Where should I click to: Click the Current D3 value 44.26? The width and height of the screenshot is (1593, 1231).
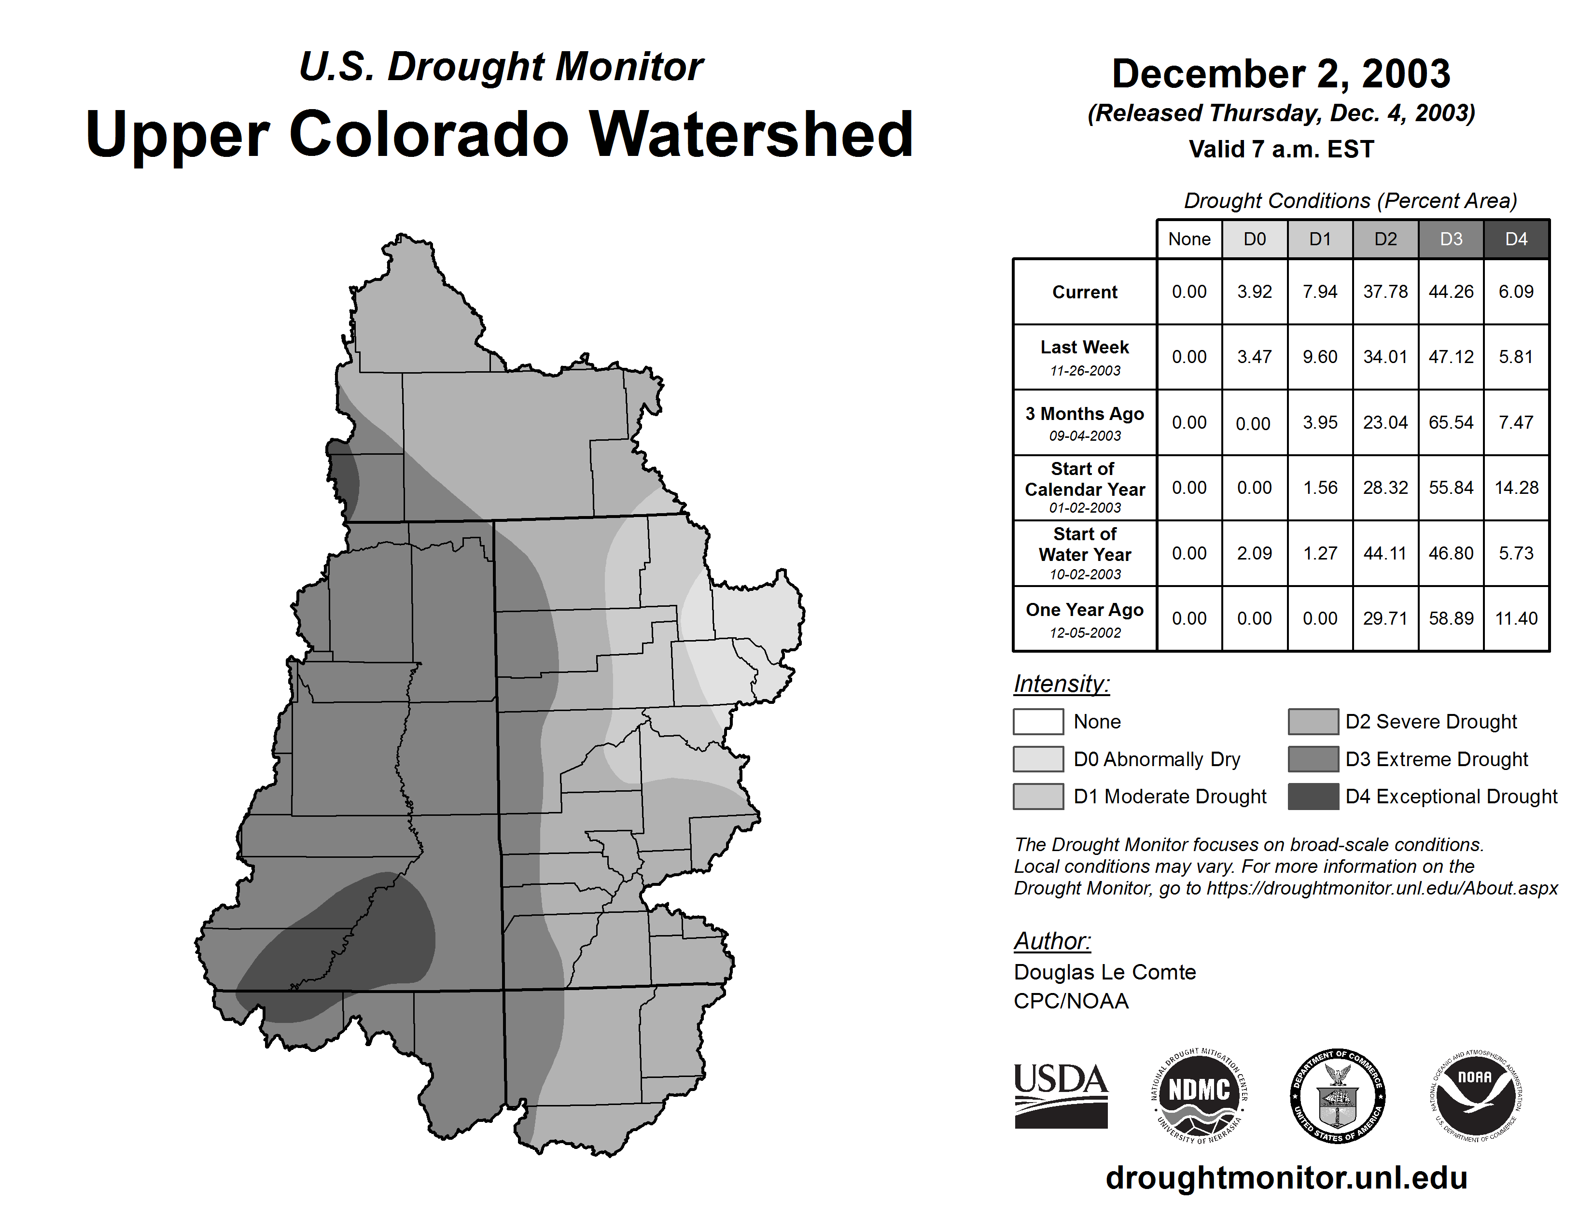(x=1451, y=292)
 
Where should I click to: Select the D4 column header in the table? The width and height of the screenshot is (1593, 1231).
(x=1516, y=239)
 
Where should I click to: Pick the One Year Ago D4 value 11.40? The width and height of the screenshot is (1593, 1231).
(x=1516, y=618)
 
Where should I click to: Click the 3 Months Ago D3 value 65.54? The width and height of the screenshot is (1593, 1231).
(x=1451, y=422)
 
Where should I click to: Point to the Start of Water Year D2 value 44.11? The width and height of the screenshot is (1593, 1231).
(x=1385, y=554)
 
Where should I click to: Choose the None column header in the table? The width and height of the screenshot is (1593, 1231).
(x=1189, y=239)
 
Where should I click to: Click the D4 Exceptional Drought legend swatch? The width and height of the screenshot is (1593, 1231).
(x=1313, y=797)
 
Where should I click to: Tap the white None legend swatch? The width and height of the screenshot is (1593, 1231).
(x=1038, y=721)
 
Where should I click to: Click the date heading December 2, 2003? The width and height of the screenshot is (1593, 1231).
(x=1281, y=74)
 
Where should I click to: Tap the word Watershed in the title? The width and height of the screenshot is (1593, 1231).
(x=751, y=134)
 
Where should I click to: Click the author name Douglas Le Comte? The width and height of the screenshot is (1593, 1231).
(x=1104, y=972)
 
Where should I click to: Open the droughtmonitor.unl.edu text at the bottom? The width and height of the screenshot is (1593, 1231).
(x=1286, y=1178)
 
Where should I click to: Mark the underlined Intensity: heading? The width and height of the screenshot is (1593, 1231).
(x=1061, y=684)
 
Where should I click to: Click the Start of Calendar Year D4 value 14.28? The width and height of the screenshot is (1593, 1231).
(x=1516, y=488)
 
